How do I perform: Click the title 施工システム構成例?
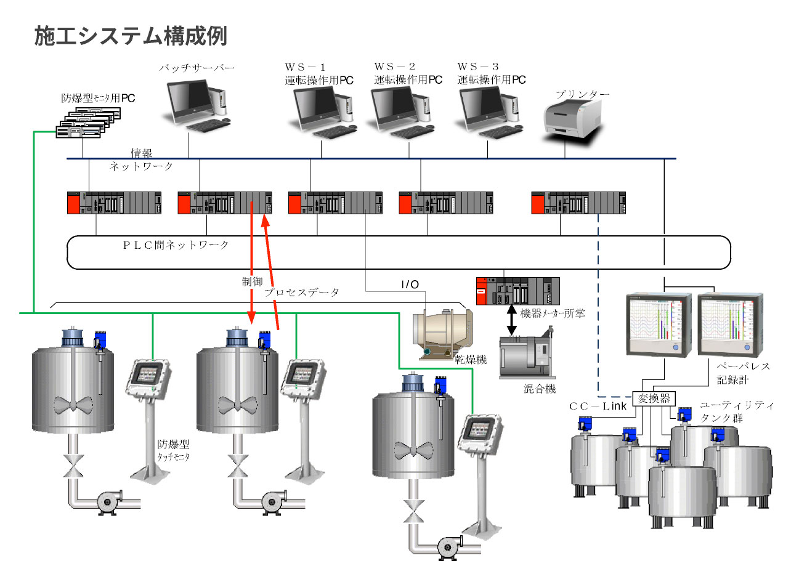coord(131,36)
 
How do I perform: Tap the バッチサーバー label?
coord(197,68)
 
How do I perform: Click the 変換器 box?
coord(654,398)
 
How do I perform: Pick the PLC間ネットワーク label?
coord(176,245)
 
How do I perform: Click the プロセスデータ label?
coord(302,293)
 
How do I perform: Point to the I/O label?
coord(410,285)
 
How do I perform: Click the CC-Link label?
coord(598,406)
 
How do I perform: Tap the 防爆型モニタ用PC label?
coord(98,98)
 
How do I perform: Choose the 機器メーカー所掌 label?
coord(553,313)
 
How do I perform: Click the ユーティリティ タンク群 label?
coord(737,411)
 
